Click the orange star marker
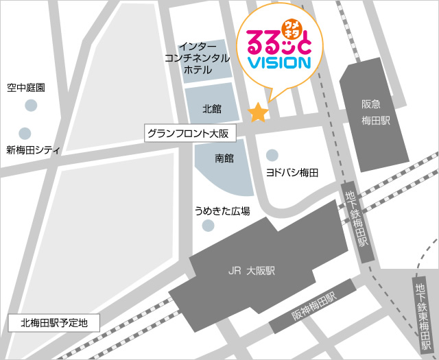tap(258, 112)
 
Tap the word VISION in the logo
tap(278, 62)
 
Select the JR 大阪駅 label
tap(252, 271)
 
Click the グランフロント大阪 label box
tap(190, 133)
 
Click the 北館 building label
tap(212, 108)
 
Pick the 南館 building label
tap(224, 158)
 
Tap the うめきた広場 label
tap(222, 211)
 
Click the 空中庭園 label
tap(26, 88)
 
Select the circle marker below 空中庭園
tap(31, 105)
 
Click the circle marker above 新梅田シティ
tap(25, 133)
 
